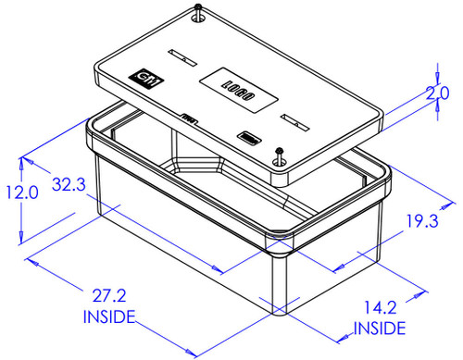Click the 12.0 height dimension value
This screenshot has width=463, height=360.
[x=19, y=192]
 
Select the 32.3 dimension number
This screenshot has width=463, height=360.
[x=69, y=184]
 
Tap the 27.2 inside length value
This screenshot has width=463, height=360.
[x=108, y=296]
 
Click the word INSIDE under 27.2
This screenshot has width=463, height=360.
[x=109, y=317]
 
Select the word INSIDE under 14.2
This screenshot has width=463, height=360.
[x=380, y=329]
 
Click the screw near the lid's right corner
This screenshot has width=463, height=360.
[x=280, y=155]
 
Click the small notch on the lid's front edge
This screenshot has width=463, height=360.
[x=189, y=118]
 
